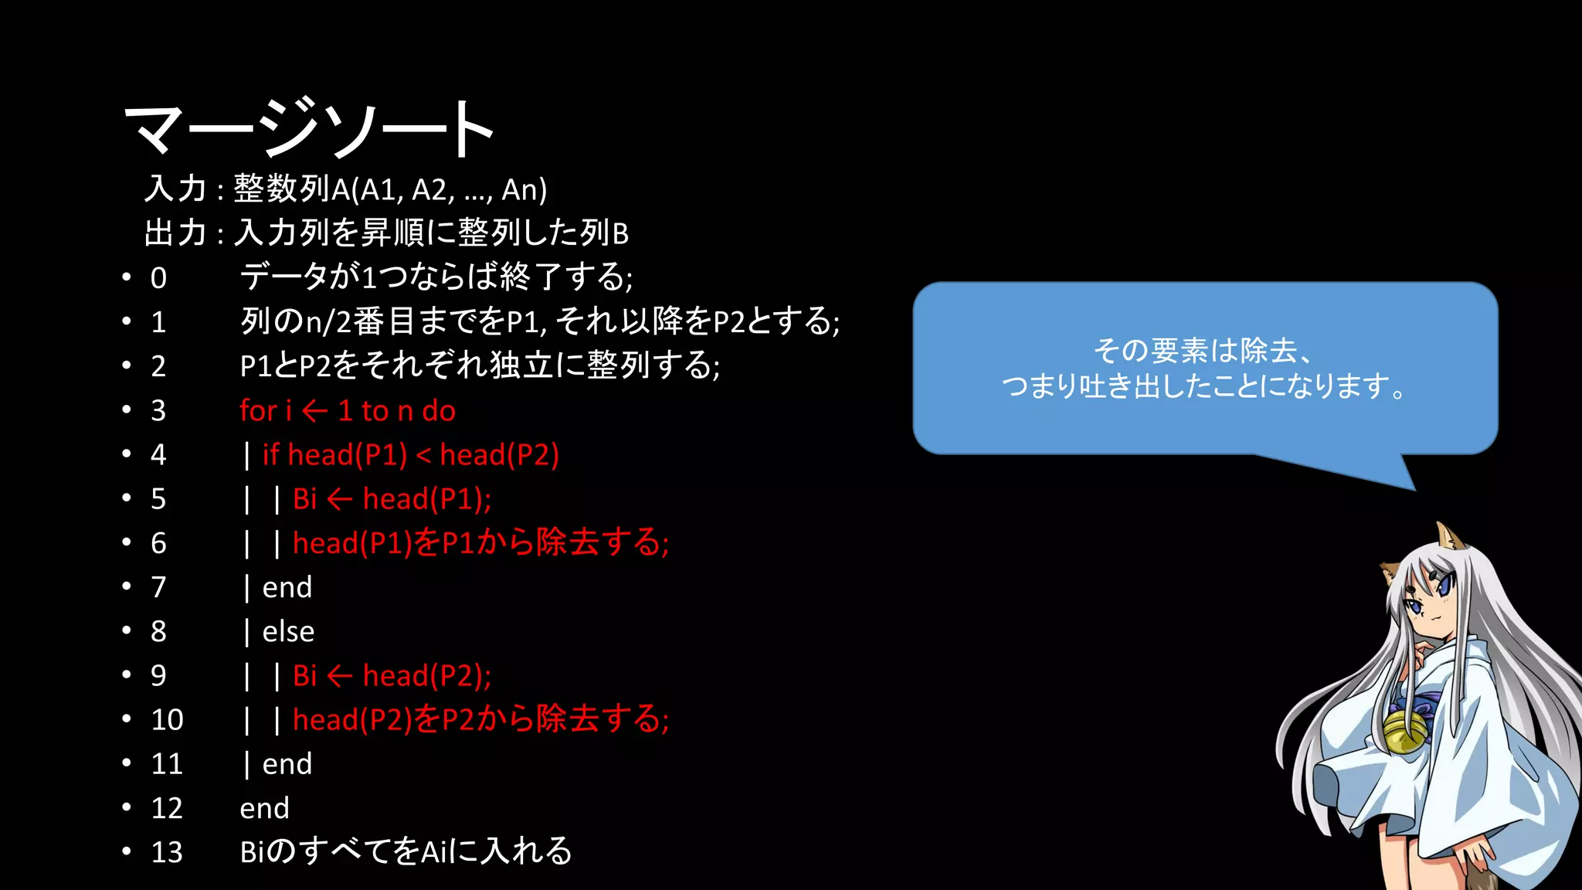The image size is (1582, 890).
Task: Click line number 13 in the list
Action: coord(167,852)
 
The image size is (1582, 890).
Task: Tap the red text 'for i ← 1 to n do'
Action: coord(348,411)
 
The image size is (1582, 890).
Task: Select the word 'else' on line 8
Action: coord(288,632)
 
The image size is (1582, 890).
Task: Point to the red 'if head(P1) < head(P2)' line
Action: coord(410,455)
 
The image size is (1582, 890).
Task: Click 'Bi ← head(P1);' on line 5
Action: coord(392,499)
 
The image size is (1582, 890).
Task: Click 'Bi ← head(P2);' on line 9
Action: coord(392,676)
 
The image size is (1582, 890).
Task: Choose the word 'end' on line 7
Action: coord(287,588)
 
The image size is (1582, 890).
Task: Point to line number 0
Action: coord(158,278)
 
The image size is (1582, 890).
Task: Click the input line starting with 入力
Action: coord(345,189)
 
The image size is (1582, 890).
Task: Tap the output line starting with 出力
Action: coord(386,233)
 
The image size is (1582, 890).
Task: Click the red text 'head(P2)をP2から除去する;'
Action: coord(480,720)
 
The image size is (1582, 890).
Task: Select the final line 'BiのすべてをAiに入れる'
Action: coord(406,852)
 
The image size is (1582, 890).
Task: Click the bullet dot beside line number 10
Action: coord(127,719)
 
